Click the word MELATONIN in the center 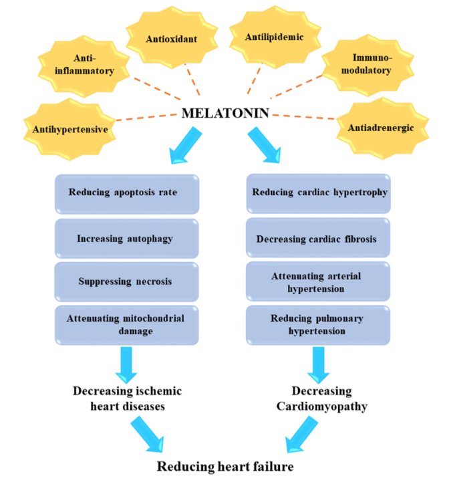tap(225, 114)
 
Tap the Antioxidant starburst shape tap(172, 39)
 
